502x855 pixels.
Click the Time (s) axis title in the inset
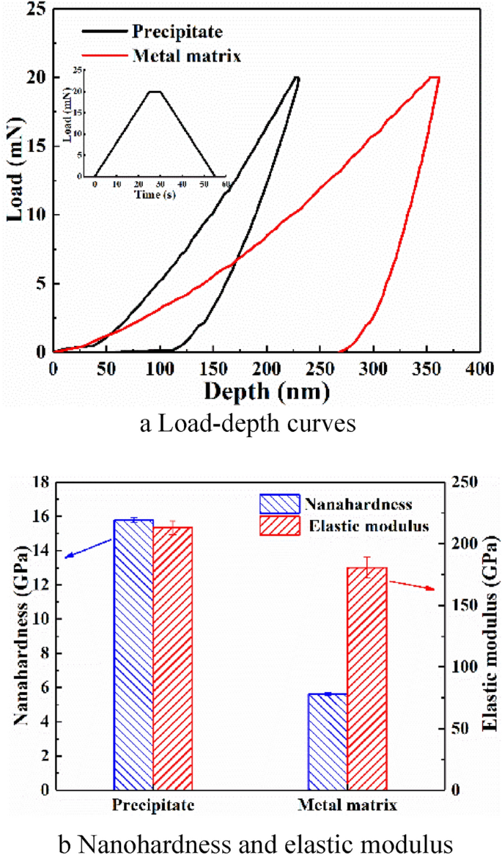click(x=155, y=195)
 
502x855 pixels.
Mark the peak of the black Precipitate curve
click(x=296, y=78)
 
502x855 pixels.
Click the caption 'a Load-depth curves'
click(x=251, y=425)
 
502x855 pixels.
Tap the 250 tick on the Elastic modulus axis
click(x=454, y=482)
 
